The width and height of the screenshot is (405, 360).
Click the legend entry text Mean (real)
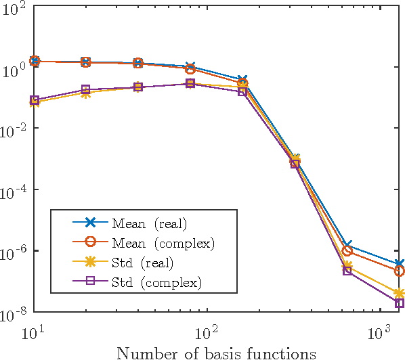click(x=149, y=223)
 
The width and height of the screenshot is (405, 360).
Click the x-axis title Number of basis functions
click(x=216, y=352)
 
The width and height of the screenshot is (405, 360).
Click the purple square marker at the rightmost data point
click(x=400, y=303)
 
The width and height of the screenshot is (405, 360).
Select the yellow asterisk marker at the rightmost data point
click(x=400, y=294)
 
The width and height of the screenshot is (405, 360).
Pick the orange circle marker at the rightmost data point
click(x=400, y=271)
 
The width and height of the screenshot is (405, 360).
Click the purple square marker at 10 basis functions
click(x=34, y=100)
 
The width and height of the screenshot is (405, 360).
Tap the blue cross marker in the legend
click(x=87, y=223)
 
